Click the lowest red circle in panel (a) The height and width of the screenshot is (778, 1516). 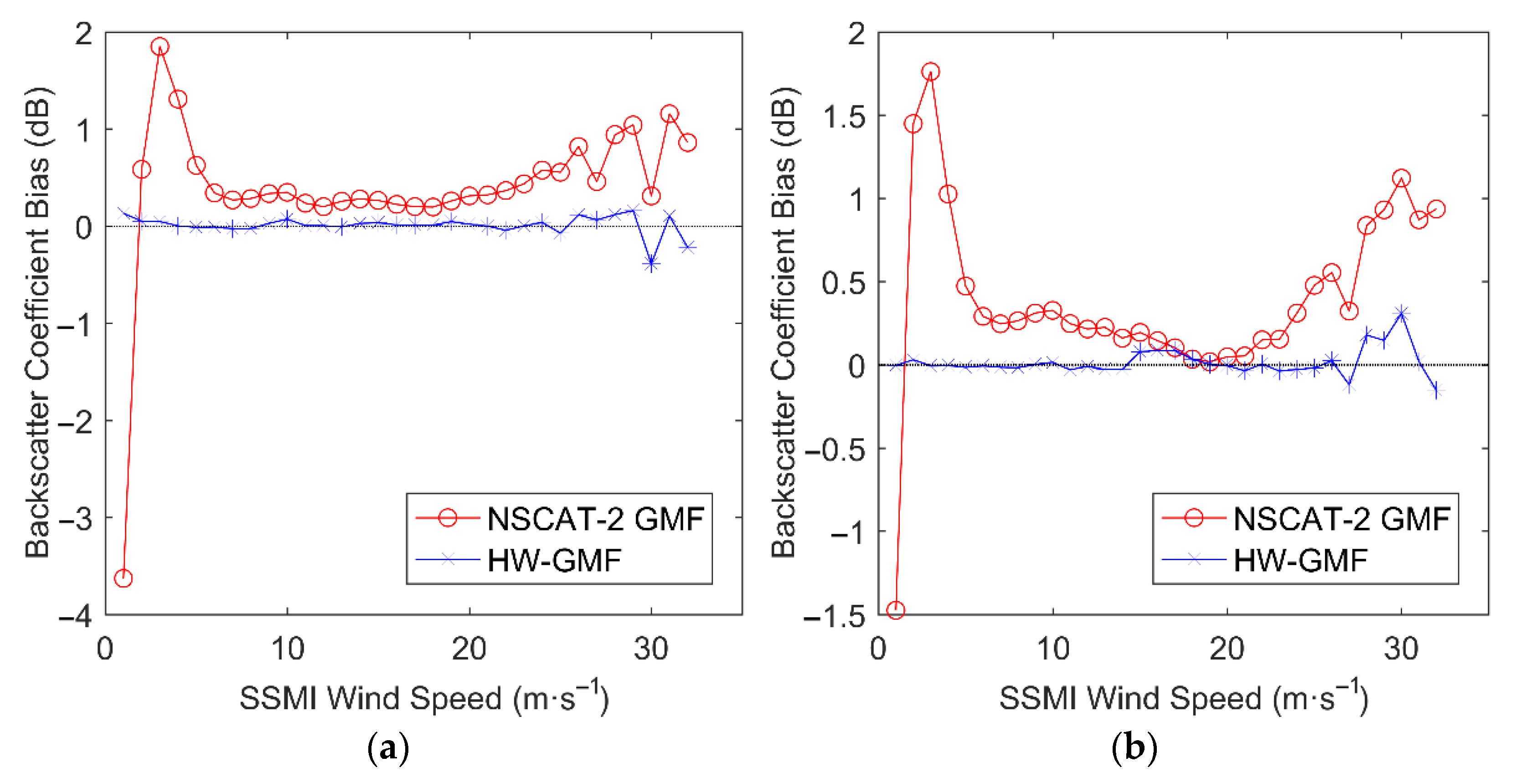(123, 578)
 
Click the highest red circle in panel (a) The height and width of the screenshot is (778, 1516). (160, 46)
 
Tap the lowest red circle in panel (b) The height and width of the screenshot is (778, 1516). (895, 610)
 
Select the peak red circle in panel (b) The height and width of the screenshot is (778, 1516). (930, 72)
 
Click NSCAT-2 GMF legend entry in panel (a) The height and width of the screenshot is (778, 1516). (595, 519)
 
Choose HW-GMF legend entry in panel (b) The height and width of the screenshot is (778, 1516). (1299, 560)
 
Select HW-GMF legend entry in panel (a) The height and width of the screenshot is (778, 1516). (554, 560)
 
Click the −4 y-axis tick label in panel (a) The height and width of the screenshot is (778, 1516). (75, 616)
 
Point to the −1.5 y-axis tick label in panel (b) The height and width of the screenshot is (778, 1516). (835, 616)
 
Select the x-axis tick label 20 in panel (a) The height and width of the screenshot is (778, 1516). (469, 649)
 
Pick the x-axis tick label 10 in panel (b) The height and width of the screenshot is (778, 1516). (1052, 649)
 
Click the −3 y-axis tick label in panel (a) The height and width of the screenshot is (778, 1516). (75, 519)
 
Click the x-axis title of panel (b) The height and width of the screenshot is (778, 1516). (1183, 698)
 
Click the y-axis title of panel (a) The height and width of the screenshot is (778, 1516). (38, 323)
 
